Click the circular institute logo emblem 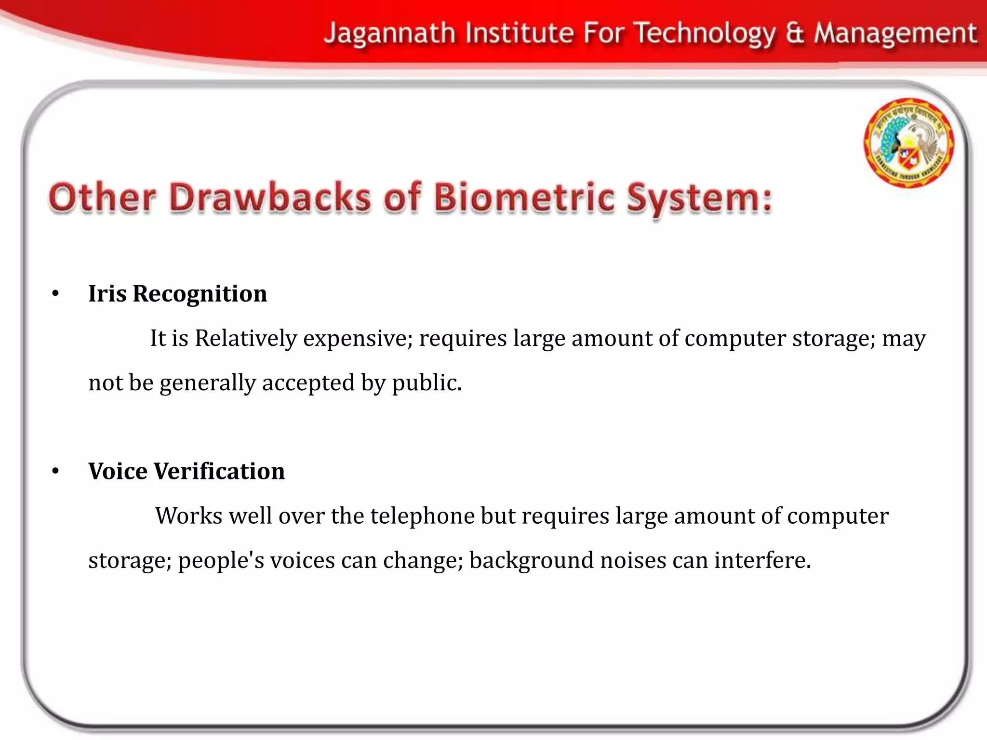pyautogui.click(x=908, y=143)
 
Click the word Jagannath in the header pyautogui.click(x=389, y=34)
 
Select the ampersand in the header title pyautogui.click(x=795, y=34)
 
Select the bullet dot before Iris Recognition pyautogui.click(x=55, y=294)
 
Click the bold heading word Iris pyautogui.click(x=107, y=293)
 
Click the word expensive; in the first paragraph pyautogui.click(x=358, y=339)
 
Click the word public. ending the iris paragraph pyautogui.click(x=427, y=383)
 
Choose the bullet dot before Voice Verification pyautogui.click(x=55, y=471)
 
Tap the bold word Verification pyautogui.click(x=219, y=471)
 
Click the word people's pyautogui.click(x=221, y=561)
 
